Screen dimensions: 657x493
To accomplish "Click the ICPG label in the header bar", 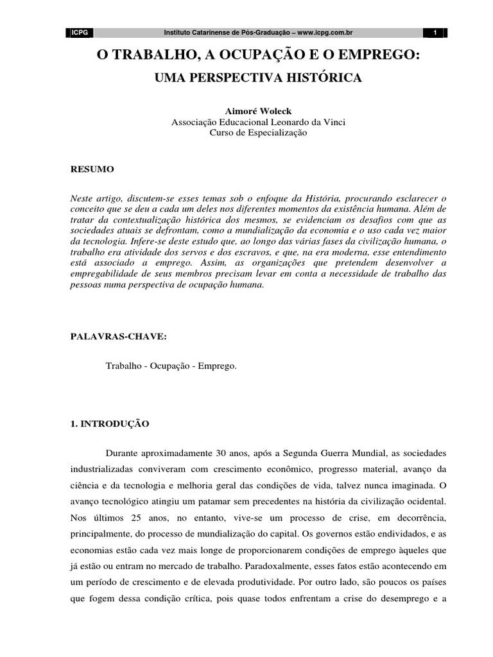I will tap(80, 33).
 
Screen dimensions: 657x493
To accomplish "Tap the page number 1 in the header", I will tap(435, 33).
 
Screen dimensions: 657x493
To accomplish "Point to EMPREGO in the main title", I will tap(372, 56).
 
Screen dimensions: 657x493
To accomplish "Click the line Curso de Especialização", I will tap(259, 133).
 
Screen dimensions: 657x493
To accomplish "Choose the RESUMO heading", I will tap(91, 169).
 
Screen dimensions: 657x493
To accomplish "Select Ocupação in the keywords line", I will tap(171, 366).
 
